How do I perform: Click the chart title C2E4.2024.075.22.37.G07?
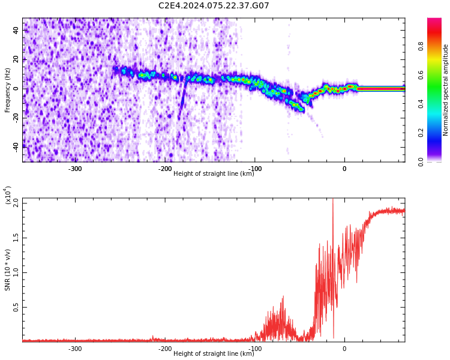click(x=214, y=6)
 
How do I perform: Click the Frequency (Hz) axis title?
click(x=8, y=90)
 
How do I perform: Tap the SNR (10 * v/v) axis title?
click(x=8, y=269)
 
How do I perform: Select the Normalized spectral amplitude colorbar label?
click(x=446, y=90)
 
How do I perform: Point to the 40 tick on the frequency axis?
click(x=16, y=30)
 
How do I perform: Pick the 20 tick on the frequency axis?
click(x=16, y=59)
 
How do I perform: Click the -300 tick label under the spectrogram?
click(x=74, y=169)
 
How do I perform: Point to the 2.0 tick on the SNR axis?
click(x=15, y=203)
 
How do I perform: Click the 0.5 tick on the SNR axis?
click(x=15, y=307)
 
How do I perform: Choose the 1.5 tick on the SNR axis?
click(x=15, y=238)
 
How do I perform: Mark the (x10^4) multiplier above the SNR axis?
click(x=8, y=196)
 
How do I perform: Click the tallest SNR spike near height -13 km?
click(x=333, y=200)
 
